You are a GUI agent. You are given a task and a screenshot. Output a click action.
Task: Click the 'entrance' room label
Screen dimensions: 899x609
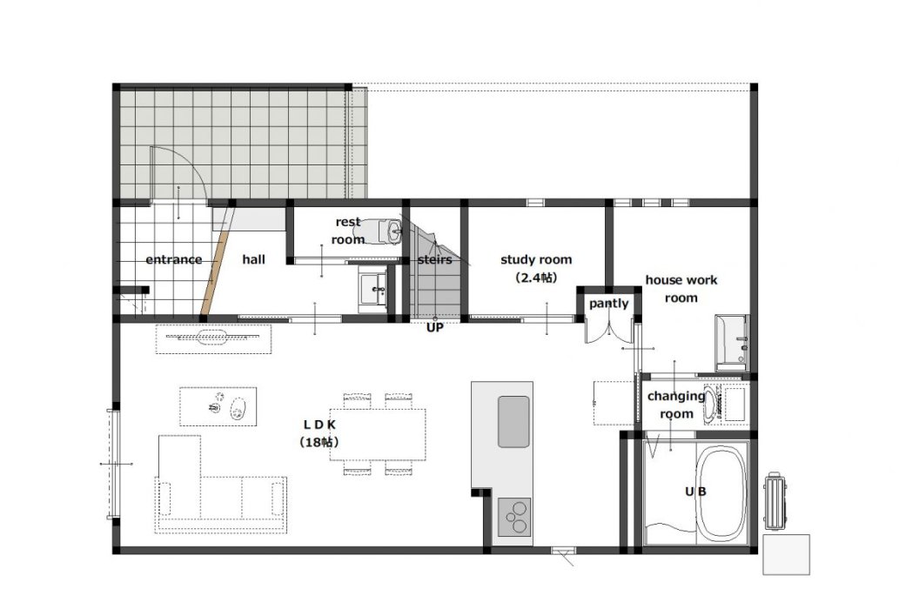point(174,259)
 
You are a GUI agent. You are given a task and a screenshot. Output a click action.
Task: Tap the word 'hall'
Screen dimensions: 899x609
point(253,259)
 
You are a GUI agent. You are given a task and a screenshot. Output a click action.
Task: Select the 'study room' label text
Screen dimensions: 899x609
point(536,259)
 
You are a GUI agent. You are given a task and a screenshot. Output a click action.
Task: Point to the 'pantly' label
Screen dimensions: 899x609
point(609,304)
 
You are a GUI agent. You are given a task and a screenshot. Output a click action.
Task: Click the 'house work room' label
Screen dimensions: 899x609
point(681,289)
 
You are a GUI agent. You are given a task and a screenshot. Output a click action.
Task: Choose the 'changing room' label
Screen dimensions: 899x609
point(676,405)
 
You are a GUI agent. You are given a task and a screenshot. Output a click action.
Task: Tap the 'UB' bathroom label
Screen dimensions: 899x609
point(696,492)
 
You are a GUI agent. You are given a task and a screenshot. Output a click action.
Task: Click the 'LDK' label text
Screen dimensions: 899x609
point(319,425)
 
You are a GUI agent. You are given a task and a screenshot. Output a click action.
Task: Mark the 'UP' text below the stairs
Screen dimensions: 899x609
point(434,328)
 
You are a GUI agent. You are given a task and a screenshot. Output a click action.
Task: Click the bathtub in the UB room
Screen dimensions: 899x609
point(721,494)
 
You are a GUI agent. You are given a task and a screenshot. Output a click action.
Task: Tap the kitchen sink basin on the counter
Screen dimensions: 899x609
point(513,421)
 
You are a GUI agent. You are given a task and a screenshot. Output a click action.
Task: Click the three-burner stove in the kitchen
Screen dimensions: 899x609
point(514,517)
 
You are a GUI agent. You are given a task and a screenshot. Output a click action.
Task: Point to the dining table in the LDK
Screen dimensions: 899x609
point(378,434)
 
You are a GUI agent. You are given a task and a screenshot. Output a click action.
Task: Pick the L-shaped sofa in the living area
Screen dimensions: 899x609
point(221,484)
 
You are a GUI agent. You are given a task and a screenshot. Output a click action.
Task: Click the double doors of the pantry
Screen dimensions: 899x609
point(609,331)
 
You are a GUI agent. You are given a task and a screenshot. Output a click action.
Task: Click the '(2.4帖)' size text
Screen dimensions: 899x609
point(536,278)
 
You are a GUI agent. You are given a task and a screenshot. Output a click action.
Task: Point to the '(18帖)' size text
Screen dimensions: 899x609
point(319,442)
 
